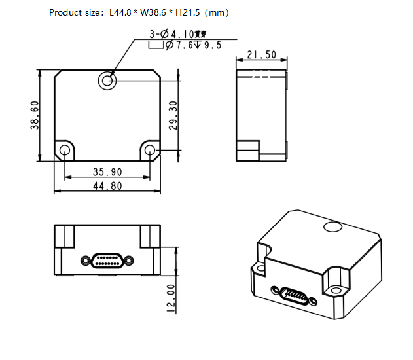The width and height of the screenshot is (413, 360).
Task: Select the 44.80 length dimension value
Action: pyautogui.click(x=107, y=186)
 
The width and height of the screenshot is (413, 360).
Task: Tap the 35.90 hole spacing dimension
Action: pyautogui.click(x=107, y=172)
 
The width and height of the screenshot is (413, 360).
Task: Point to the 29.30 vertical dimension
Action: pyautogui.click(x=173, y=115)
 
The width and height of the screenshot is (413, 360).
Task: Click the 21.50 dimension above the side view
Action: pyautogui.click(x=260, y=55)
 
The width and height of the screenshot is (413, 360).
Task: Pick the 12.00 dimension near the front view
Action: pyautogui.click(x=171, y=298)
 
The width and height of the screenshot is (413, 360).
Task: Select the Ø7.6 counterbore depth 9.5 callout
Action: pyautogui.click(x=185, y=45)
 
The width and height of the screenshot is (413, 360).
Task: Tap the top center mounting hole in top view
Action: pyautogui.click(x=107, y=81)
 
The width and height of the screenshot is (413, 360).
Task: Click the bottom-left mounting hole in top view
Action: pyautogui.click(x=65, y=151)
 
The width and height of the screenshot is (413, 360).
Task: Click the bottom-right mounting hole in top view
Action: pyautogui.click(x=150, y=151)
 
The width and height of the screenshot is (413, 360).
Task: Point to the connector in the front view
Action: pyautogui.click(x=107, y=261)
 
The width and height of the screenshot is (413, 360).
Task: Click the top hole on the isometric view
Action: pyautogui.click(x=333, y=227)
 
